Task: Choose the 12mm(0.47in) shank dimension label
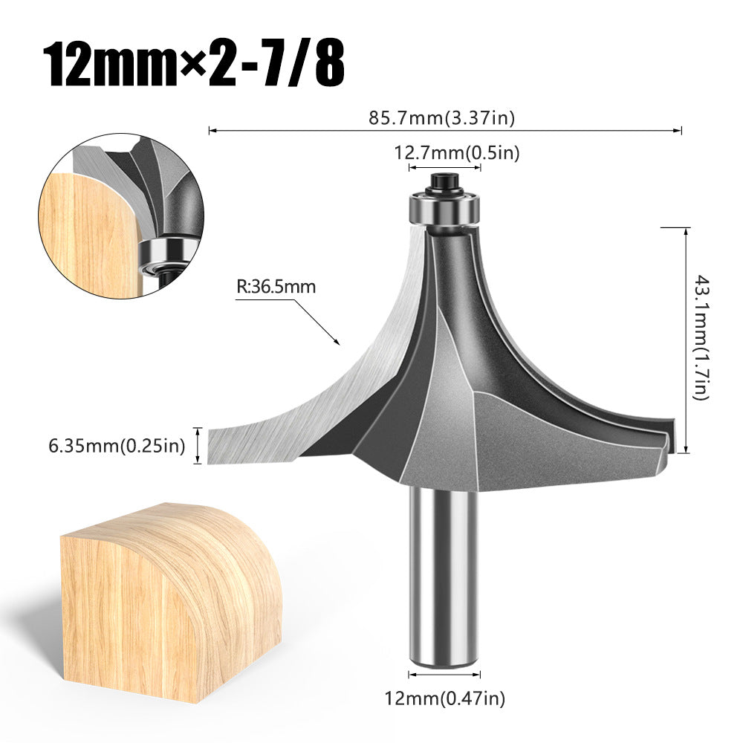445,698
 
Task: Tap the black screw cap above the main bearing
445,181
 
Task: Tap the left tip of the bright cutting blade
215,446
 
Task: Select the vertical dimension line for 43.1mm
684,338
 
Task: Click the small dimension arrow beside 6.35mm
198,446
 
